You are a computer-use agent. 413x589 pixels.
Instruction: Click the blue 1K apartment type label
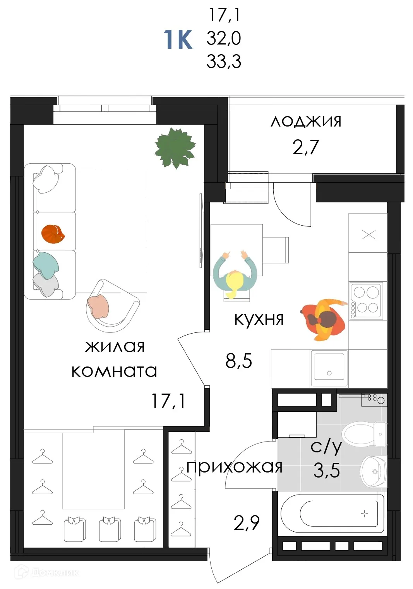click(178, 39)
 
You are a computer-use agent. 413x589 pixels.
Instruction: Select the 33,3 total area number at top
click(224, 62)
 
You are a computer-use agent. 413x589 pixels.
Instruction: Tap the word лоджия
click(306, 122)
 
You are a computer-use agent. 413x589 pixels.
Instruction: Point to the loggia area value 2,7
click(306, 147)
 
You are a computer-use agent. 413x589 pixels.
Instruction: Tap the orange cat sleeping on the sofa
click(53, 234)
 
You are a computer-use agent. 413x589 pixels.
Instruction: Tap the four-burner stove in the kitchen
click(366, 300)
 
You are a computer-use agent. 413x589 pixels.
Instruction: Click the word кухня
click(259, 319)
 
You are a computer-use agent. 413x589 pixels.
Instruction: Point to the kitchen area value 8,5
click(238, 361)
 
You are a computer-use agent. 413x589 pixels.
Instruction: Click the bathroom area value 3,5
click(327, 471)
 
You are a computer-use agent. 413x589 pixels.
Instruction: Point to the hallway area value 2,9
click(247, 523)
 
